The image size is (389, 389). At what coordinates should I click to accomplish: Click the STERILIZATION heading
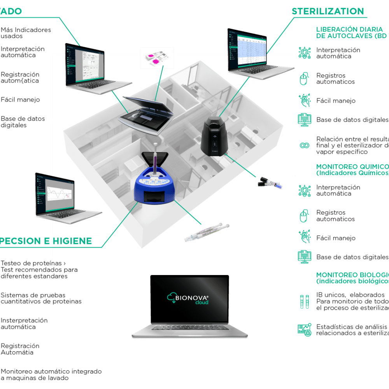328,11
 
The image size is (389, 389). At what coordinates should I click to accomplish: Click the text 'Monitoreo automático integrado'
51,371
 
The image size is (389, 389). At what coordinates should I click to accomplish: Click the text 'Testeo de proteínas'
31,263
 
